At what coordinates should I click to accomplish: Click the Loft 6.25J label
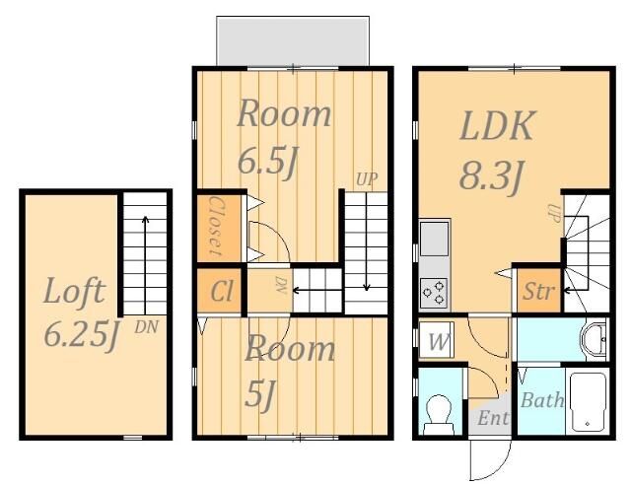[80, 312]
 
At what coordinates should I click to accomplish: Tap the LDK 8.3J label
[498, 150]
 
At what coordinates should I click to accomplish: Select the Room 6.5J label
[284, 137]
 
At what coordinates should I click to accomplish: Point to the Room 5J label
[290, 371]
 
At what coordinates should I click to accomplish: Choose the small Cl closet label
[222, 291]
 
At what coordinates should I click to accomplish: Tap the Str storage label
[539, 291]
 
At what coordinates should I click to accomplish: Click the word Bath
[542, 399]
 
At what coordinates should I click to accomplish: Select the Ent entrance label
[493, 418]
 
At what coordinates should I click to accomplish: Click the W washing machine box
[436, 340]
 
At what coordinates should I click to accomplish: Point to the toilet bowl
[439, 415]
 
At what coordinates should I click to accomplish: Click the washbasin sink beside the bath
[594, 338]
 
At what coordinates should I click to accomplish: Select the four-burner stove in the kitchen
[434, 292]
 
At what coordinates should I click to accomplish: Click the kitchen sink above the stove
[434, 239]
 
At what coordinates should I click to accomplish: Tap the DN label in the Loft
[146, 327]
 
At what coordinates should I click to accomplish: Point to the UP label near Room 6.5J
[367, 179]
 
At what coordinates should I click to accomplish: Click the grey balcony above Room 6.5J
[293, 40]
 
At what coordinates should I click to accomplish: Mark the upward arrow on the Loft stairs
[145, 265]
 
